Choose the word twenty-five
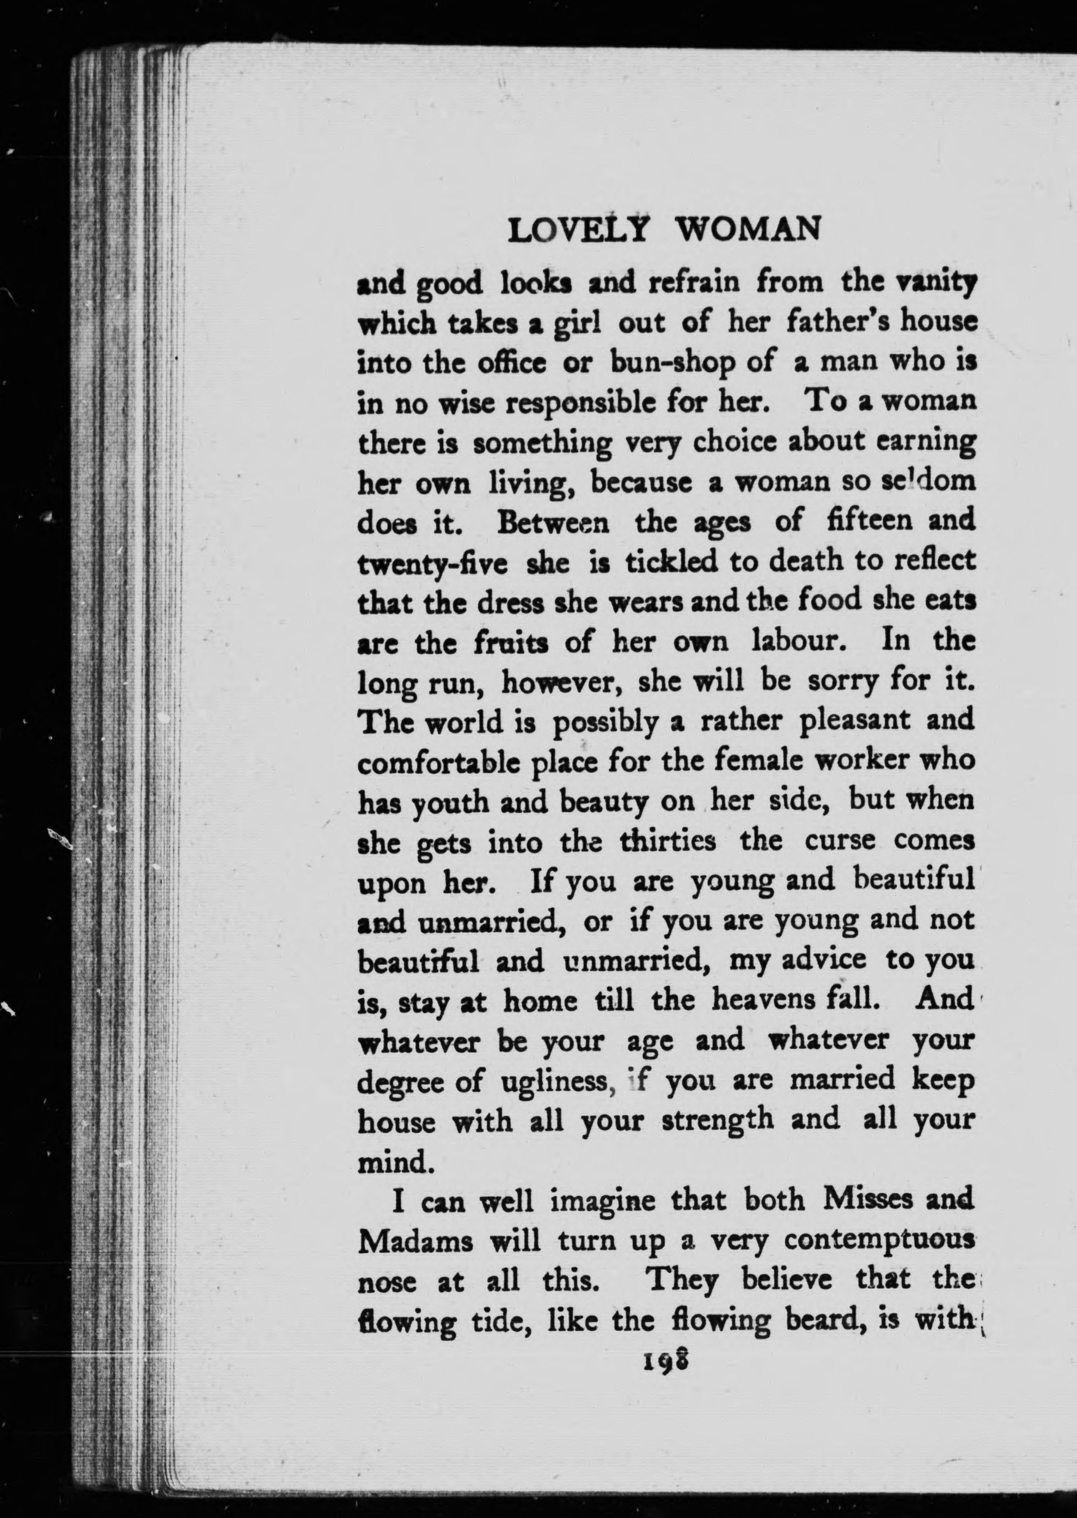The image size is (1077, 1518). [432, 562]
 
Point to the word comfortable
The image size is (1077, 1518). [438, 760]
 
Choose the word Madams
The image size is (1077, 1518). [415, 1240]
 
